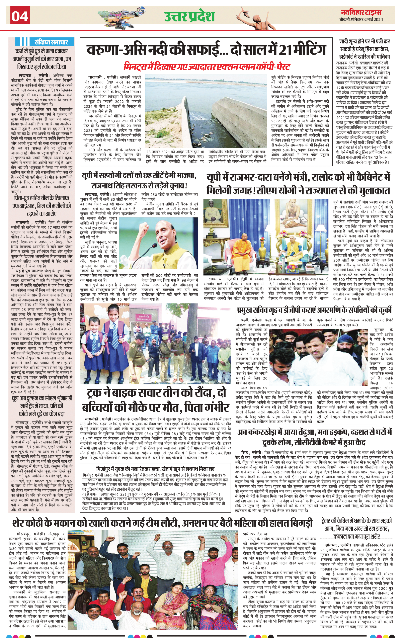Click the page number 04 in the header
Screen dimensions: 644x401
coord(20,16)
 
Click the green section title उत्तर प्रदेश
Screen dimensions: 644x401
coord(189,16)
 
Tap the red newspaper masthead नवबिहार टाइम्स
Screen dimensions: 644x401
coord(361,12)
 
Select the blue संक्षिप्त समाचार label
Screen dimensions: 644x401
coord(51,42)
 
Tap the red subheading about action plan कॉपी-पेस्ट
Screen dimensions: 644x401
coord(207,66)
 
